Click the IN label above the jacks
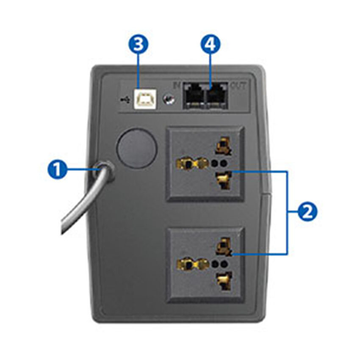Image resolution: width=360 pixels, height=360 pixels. [177, 84]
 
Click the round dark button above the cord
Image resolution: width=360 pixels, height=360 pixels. [137, 148]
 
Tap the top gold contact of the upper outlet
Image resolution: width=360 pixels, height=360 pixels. [222, 146]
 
